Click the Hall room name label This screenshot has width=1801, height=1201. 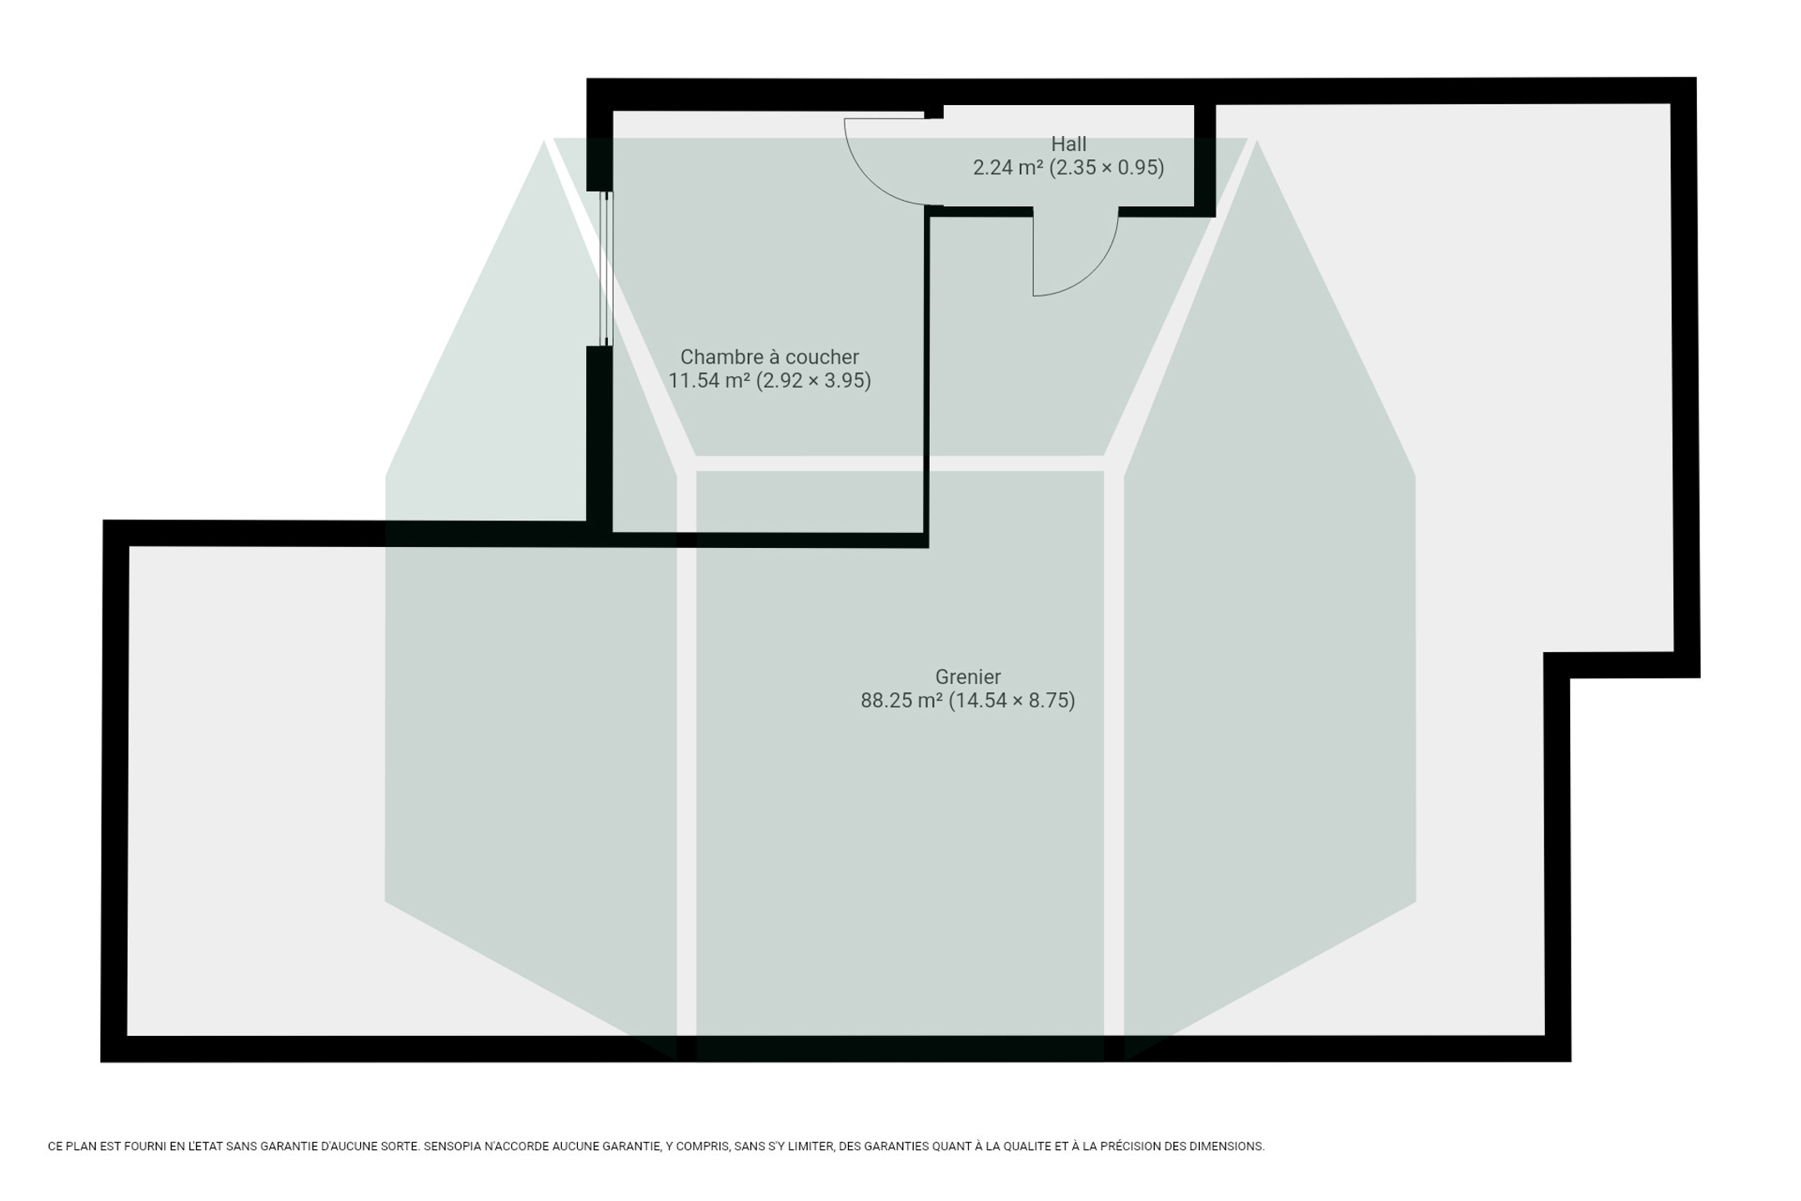point(1068,144)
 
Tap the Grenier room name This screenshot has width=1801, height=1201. point(967,677)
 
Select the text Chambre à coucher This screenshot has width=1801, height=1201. point(770,357)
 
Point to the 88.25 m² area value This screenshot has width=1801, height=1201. point(901,701)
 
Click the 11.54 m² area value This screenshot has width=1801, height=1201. point(709,380)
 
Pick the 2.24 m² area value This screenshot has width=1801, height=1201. point(1008,168)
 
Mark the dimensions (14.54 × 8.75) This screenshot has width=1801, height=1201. point(1012,701)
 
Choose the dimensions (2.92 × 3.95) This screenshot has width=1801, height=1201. point(814,380)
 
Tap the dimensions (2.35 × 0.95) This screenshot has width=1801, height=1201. point(1106,168)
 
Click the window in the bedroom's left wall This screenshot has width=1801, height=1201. point(606,269)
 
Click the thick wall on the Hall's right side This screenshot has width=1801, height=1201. point(1205,158)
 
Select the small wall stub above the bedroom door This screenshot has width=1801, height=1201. point(934,112)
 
